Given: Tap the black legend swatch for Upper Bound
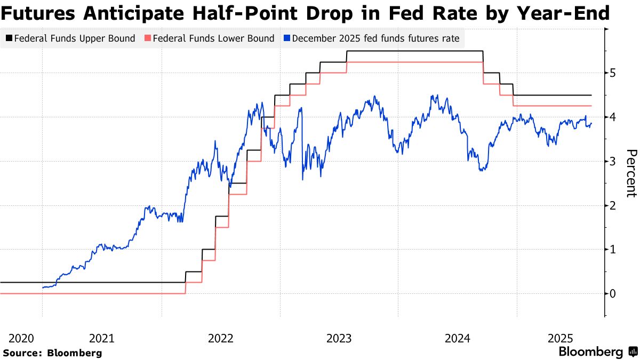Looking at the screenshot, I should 9,38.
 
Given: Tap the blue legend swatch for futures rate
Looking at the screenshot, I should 287,38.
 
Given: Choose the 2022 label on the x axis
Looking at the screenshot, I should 220,338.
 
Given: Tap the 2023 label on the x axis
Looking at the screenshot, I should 339,338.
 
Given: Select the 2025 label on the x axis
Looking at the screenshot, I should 561,338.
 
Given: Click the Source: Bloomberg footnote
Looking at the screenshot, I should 52,353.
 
